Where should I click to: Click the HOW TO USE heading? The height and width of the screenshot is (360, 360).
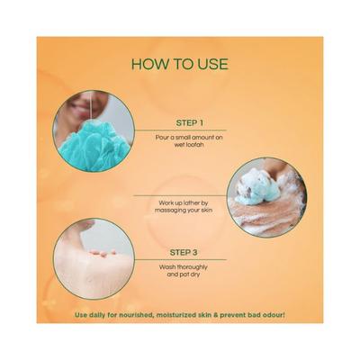click(x=180, y=64)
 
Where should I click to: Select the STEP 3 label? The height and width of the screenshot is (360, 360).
click(x=184, y=253)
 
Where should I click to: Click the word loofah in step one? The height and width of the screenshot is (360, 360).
click(x=197, y=145)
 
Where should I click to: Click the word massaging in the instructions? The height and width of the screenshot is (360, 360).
click(x=167, y=211)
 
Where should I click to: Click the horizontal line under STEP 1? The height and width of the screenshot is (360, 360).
click(x=180, y=130)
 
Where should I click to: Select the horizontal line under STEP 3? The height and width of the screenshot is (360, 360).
click(x=181, y=260)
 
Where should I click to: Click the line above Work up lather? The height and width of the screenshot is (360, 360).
click(x=180, y=195)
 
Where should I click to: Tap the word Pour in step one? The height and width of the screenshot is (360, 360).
click(x=160, y=138)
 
